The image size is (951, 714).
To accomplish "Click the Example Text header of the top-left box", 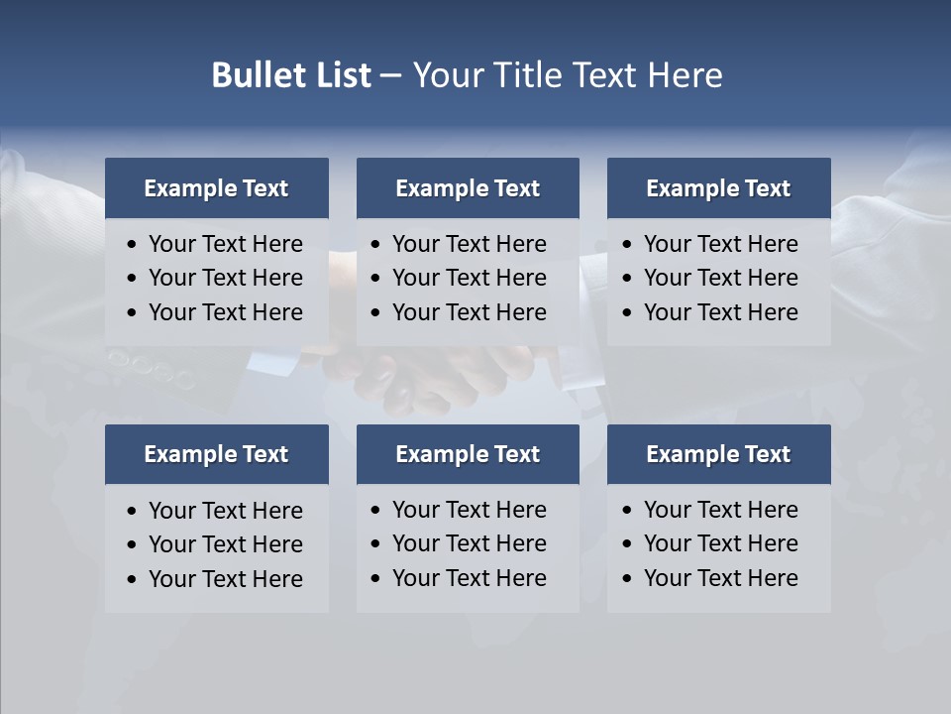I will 216,188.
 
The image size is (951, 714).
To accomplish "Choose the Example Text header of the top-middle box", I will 468,188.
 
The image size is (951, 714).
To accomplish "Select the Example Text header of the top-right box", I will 718,188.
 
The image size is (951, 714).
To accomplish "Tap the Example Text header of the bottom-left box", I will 216,454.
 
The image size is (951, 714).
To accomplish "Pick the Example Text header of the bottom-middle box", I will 468,454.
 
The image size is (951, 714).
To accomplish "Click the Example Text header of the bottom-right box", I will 718,454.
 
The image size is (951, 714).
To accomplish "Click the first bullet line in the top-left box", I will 225,244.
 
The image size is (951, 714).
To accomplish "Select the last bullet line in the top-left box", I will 225,312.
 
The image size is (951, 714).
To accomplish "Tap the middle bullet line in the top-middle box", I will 469,278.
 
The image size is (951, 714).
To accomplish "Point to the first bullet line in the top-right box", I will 720,244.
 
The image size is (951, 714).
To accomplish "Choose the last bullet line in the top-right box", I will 720,312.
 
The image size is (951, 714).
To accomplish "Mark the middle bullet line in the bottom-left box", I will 225,544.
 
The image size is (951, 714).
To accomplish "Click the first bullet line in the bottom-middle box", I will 469,510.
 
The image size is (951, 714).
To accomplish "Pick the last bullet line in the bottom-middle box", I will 469,578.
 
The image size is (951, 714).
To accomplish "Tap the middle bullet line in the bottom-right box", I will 720,543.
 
